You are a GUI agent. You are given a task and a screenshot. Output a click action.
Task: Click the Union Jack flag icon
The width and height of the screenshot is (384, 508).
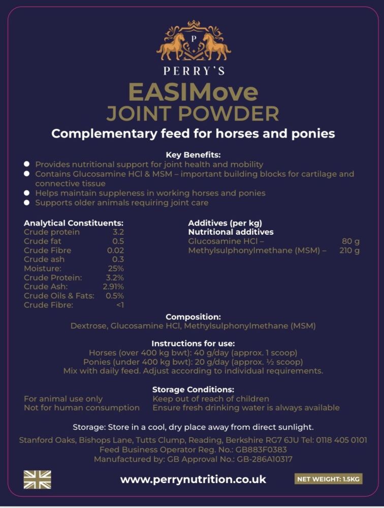(38, 479)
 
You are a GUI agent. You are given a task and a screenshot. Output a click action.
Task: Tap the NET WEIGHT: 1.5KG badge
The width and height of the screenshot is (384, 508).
(329, 479)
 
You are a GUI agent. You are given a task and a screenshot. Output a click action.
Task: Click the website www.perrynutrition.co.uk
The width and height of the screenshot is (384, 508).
(193, 480)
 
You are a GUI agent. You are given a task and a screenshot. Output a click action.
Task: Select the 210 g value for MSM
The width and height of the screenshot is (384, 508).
(349, 250)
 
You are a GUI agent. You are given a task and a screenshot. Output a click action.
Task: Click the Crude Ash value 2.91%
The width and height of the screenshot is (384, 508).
(113, 287)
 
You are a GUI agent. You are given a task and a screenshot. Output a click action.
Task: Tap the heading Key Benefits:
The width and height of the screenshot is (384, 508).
(193, 155)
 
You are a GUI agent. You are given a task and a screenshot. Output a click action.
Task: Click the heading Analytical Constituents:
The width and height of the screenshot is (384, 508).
(74, 223)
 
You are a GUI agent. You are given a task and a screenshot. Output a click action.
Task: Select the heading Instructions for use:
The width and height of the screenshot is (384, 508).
(193, 343)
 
